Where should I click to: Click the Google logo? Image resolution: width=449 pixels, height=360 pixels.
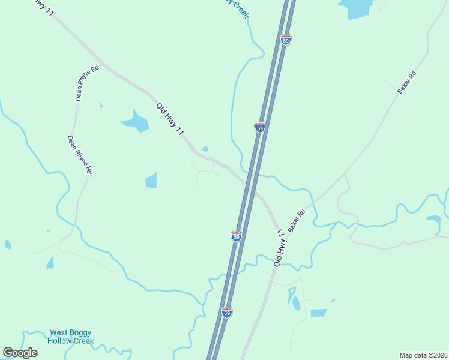[20, 353]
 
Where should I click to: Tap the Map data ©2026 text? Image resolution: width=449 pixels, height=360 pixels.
[423, 355]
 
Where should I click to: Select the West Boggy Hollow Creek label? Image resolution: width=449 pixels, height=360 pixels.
[71, 337]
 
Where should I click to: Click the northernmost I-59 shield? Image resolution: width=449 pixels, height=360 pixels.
[286, 40]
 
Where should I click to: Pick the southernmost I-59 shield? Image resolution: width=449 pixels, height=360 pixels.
[226, 313]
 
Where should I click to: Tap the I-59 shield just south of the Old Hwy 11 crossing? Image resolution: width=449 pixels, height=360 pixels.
[237, 236]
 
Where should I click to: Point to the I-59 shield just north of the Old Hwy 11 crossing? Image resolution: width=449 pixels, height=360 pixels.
[259, 127]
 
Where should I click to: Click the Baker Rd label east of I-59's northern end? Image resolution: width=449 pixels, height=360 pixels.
[406, 82]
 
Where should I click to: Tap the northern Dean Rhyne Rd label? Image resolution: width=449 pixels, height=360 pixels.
[87, 83]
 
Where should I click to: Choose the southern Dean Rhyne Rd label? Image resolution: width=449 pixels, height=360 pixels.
[79, 155]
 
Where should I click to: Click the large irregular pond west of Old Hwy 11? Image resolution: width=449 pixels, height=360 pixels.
[136, 122]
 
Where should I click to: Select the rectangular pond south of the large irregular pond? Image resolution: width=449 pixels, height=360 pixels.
[151, 180]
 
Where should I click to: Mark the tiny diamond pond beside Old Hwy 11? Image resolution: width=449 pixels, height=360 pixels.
[205, 149]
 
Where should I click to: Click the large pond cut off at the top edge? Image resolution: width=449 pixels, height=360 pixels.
[356, 7]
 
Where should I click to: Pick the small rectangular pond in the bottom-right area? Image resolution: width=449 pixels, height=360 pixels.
[319, 313]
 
